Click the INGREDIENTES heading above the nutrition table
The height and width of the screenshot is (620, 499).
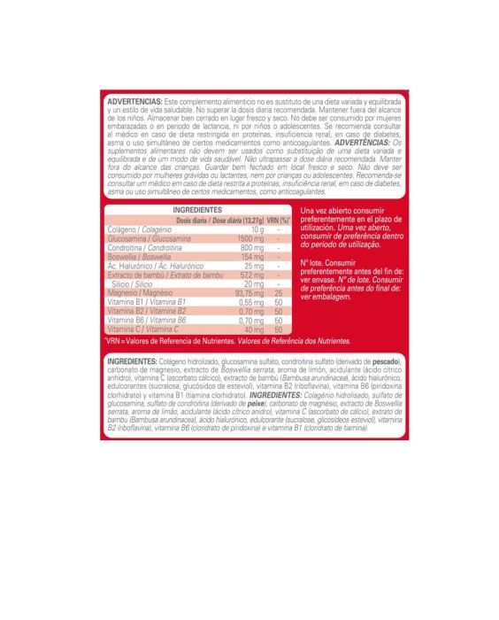pos(197,210)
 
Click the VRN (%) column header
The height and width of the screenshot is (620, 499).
pos(280,220)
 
